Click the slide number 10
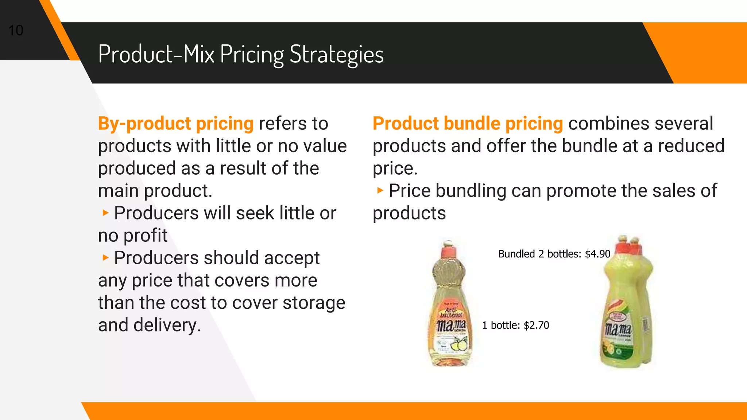16,31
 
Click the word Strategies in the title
336,55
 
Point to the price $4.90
597,254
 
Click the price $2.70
536,325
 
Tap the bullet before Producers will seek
105,213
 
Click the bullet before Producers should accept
105,258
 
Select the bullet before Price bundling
380,190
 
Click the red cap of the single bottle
449,251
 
